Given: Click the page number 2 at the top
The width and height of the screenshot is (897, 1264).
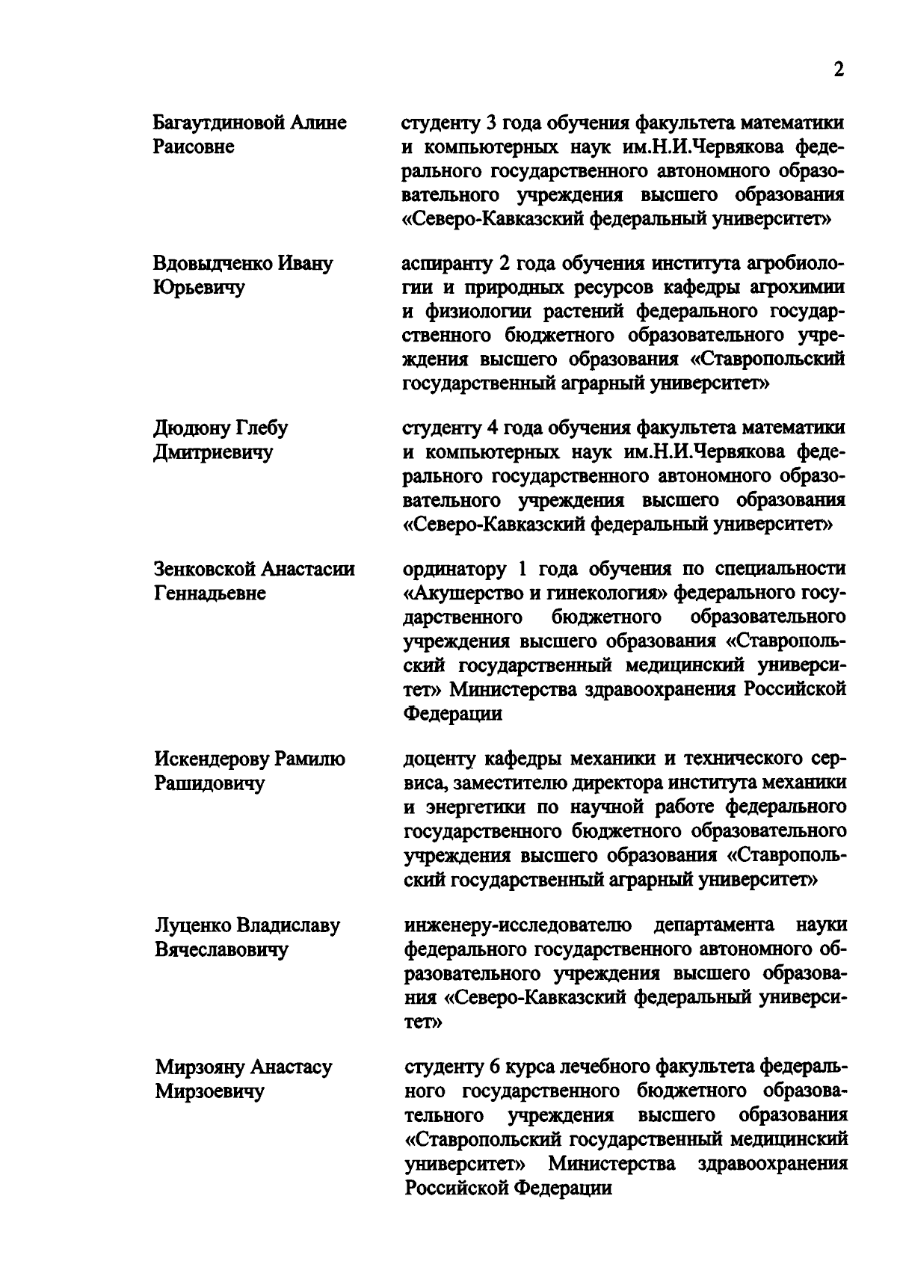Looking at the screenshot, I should click(838, 70).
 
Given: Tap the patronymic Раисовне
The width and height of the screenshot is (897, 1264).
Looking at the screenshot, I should click(194, 147).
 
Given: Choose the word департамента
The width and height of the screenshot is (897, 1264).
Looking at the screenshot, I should click(714, 926).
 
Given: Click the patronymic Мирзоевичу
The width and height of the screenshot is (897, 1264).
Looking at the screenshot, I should click(210, 1092).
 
